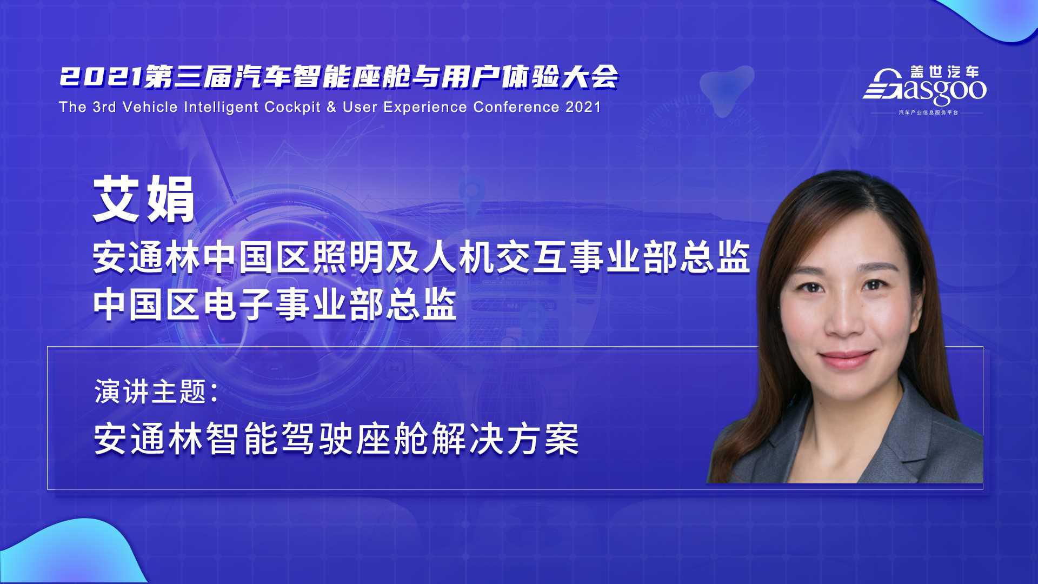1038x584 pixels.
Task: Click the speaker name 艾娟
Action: click(144, 200)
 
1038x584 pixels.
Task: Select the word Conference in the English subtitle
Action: click(516, 107)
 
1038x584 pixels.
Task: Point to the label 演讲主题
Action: click(150, 391)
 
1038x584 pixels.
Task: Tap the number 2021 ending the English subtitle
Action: click(583, 107)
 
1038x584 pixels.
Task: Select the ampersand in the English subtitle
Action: click(331, 107)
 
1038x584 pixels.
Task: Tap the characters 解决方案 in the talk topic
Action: click(505, 439)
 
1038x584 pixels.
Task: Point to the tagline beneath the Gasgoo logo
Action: click(928, 112)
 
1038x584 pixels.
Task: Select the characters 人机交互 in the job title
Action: click(494, 258)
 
